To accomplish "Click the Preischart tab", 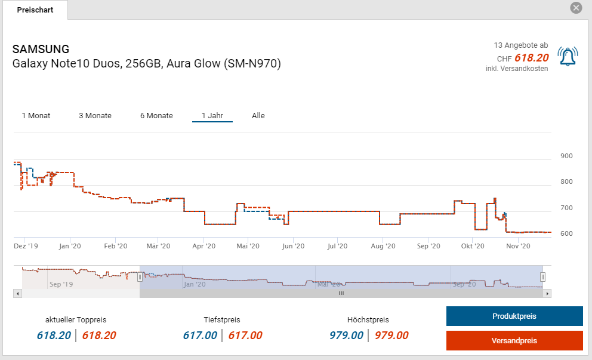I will pyautogui.click(x=35, y=10).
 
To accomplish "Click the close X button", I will pyautogui.click(x=576, y=8).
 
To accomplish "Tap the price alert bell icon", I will pyautogui.click(x=567, y=56).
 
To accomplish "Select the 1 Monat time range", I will pyautogui.click(x=36, y=115).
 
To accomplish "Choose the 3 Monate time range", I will pyautogui.click(x=95, y=115).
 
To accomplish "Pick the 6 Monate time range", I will pyautogui.click(x=156, y=115).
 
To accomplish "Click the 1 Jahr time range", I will pyautogui.click(x=212, y=115).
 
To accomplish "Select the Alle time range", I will pyautogui.click(x=258, y=115).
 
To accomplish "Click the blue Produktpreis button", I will pyautogui.click(x=514, y=316).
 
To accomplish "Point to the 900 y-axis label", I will pyautogui.click(x=566, y=156).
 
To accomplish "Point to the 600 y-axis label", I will pyautogui.click(x=566, y=233).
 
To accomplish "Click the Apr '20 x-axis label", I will pyautogui.click(x=204, y=246).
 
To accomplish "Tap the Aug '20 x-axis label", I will pyautogui.click(x=383, y=246).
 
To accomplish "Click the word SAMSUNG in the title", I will pyautogui.click(x=41, y=49).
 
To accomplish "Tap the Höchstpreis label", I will pyautogui.click(x=368, y=320).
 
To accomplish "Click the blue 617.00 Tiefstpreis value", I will pyautogui.click(x=200, y=336).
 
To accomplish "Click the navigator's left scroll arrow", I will pyautogui.click(x=17, y=293).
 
